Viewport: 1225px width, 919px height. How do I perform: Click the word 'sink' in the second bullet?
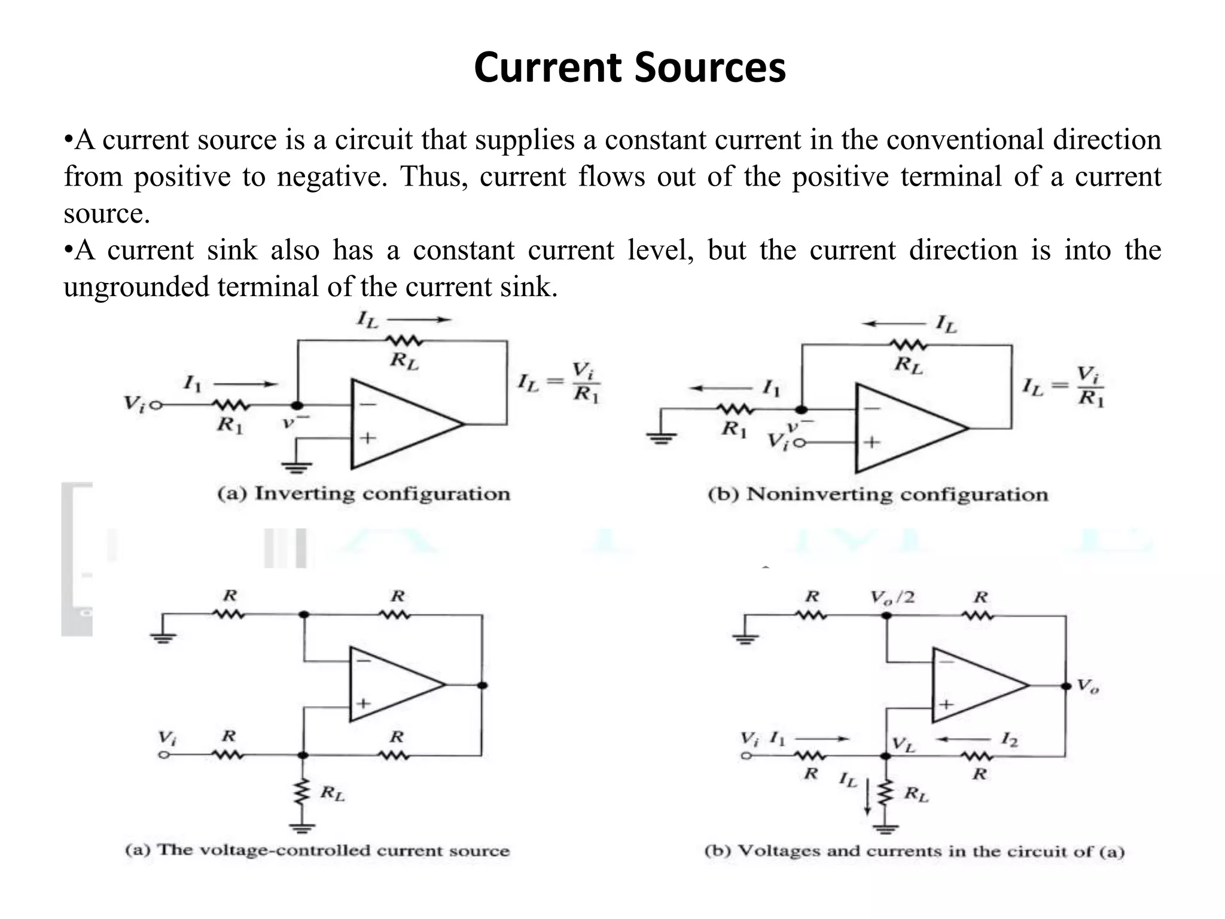click(x=232, y=250)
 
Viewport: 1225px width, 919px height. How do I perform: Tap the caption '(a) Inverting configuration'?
click(x=364, y=494)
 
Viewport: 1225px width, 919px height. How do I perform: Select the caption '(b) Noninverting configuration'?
click(x=877, y=495)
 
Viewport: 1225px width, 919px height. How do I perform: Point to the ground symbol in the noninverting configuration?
click(x=661, y=439)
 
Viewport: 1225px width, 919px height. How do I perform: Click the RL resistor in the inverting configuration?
click(x=405, y=342)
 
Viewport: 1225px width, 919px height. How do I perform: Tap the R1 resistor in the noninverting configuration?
click(x=735, y=410)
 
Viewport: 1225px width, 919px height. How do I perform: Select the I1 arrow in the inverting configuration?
click(x=245, y=384)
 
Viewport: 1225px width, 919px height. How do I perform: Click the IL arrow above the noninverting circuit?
click(x=894, y=324)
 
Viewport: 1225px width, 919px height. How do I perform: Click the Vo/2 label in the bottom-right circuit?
click(x=892, y=597)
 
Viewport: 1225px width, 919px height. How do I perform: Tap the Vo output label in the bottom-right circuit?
click(x=1087, y=686)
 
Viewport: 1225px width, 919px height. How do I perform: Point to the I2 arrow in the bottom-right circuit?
click(x=963, y=740)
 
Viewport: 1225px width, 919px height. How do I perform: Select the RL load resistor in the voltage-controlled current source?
click(x=303, y=793)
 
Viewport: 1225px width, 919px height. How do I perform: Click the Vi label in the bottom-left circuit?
click(x=166, y=737)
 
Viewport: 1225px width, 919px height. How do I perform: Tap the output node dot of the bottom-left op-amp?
click(x=483, y=685)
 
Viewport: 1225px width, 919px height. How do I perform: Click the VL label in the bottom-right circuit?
click(x=903, y=745)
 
